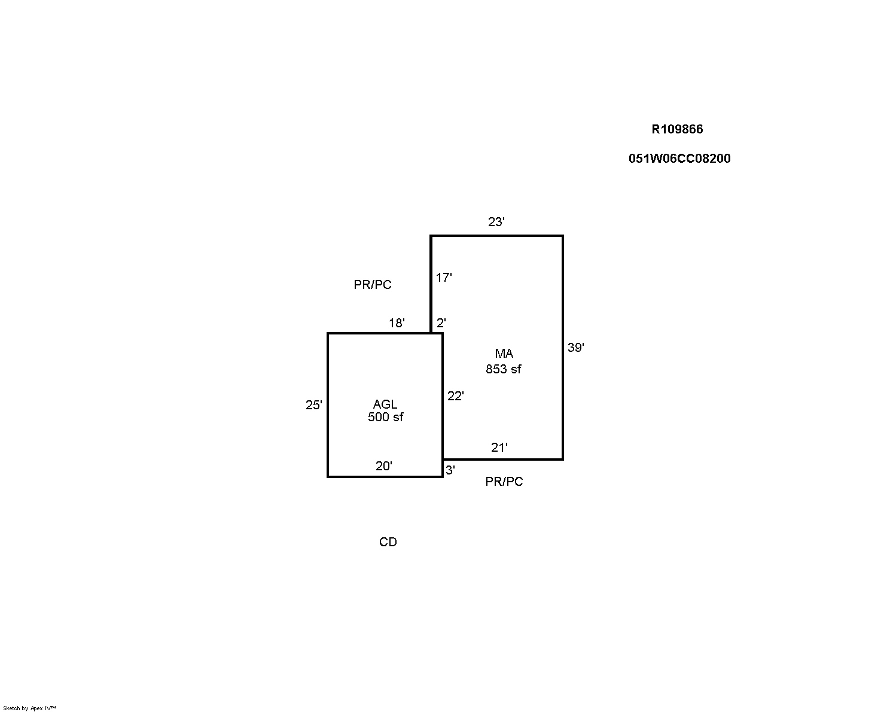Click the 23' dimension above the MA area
[496, 222]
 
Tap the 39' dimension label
[575, 348]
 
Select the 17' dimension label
[444, 278]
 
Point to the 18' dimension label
[397, 323]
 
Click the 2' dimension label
[441, 323]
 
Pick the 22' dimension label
[455, 396]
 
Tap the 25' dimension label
[314, 405]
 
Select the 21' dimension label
[499, 448]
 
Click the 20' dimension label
[384, 466]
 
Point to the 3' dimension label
[450, 470]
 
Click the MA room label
[504, 354]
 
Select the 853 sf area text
[503, 369]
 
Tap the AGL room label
[385, 404]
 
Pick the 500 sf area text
[385, 417]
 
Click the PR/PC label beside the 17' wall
[372, 285]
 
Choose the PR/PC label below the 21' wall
[504, 482]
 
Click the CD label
[388, 542]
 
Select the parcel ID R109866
[677, 129]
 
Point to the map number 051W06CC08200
[679, 159]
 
